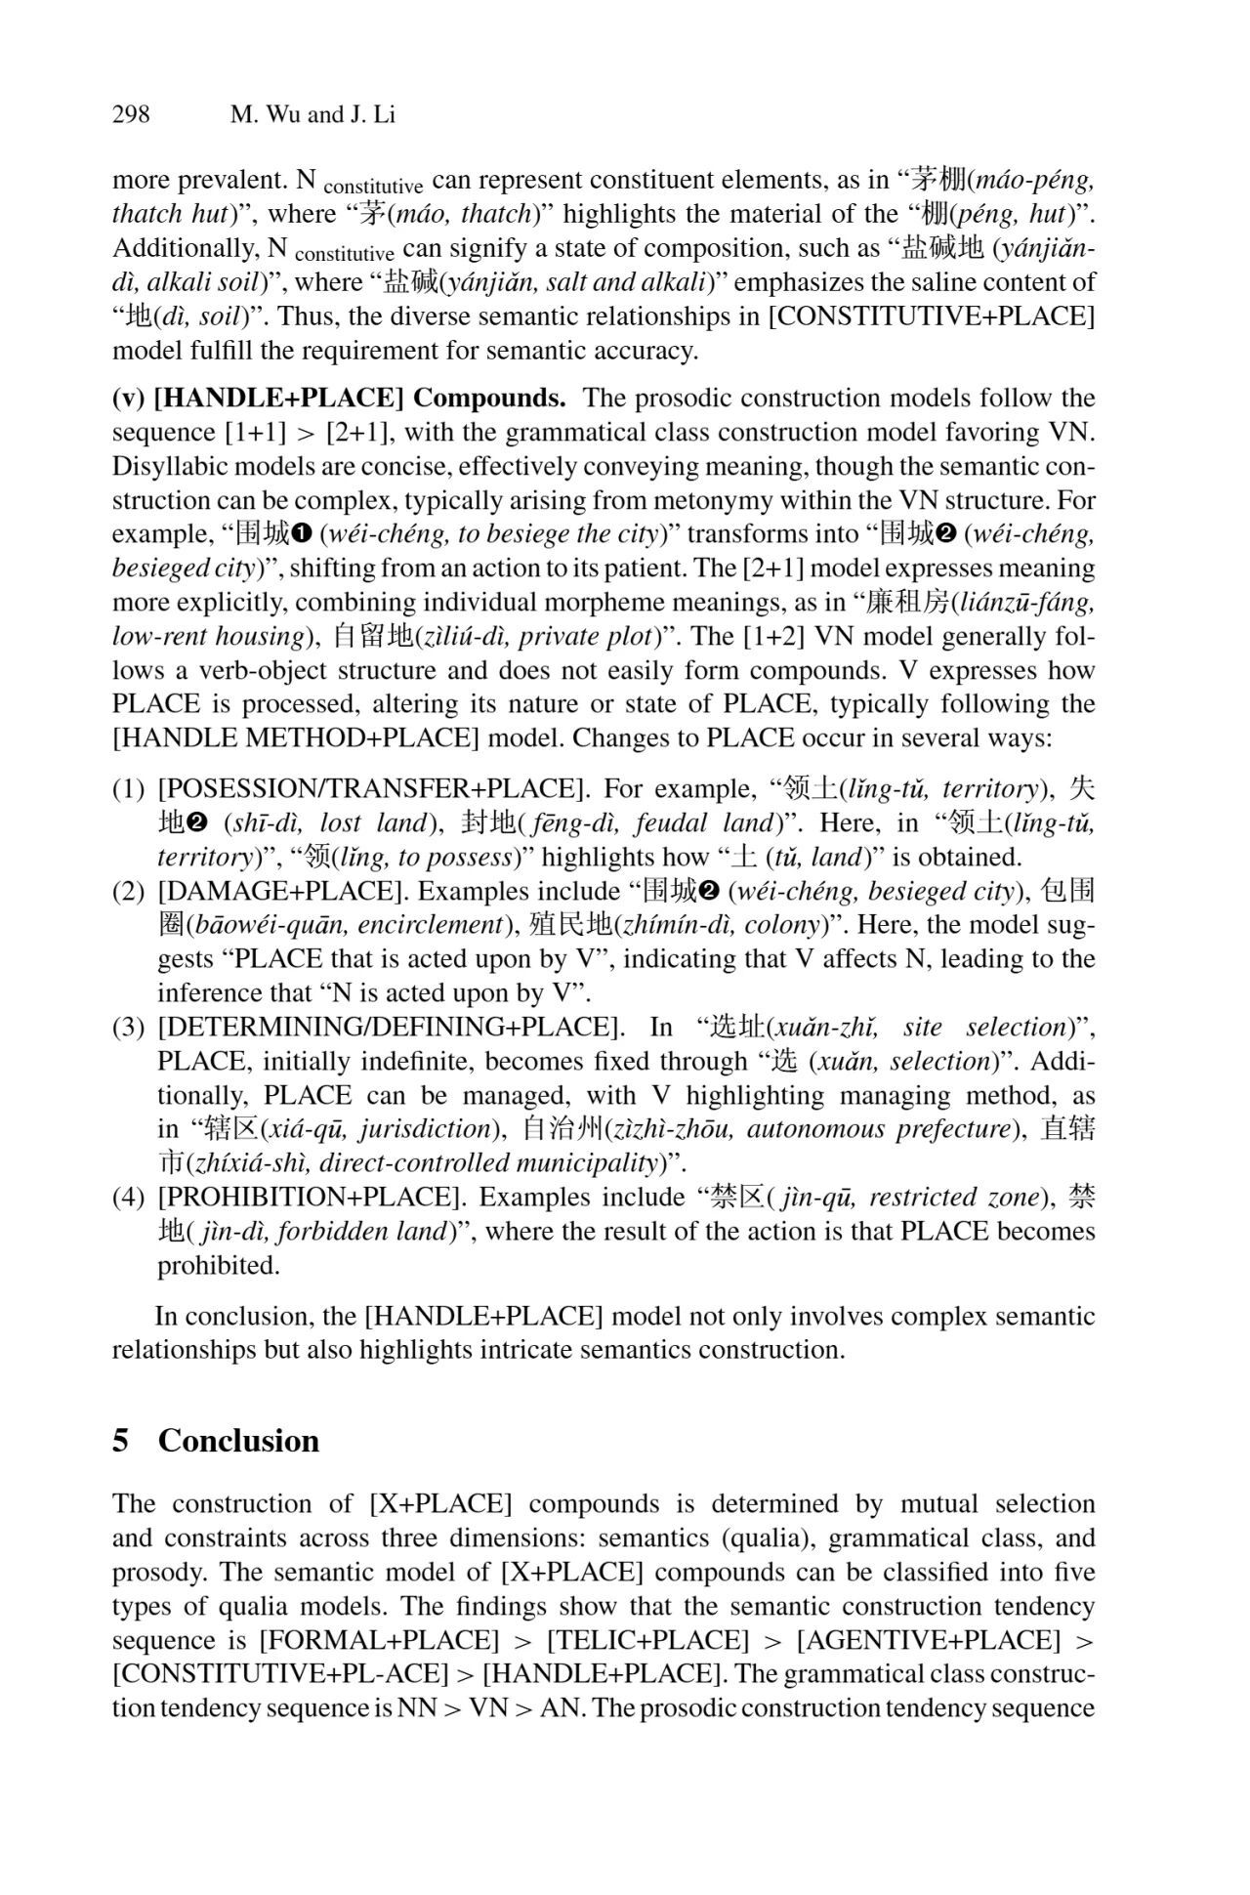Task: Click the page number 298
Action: [131, 114]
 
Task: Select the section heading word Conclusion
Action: [238, 1441]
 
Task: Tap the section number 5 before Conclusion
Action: [120, 1441]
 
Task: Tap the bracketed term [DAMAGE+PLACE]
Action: [282, 891]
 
